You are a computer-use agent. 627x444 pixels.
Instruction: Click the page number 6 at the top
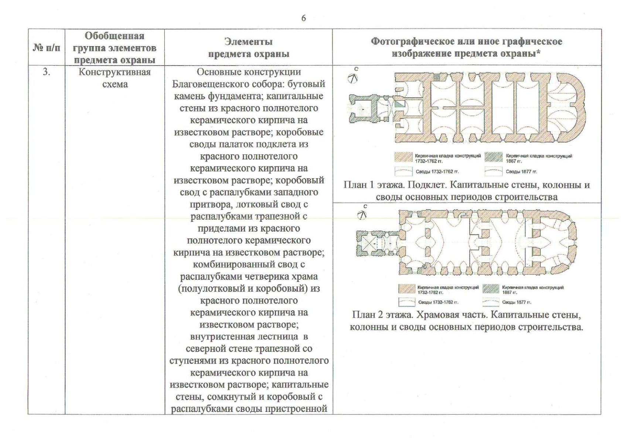pyautogui.click(x=303, y=18)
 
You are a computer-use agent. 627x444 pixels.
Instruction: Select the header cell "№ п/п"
pyautogui.click(x=47, y=48)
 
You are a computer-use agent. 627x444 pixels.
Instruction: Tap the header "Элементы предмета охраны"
pyautogui.click(x=248, y=48)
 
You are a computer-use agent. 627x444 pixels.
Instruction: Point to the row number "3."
pyautogui.click(x=46, y=72)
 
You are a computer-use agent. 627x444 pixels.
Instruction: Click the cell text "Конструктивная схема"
pyautogui.click(x=115, y=78)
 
